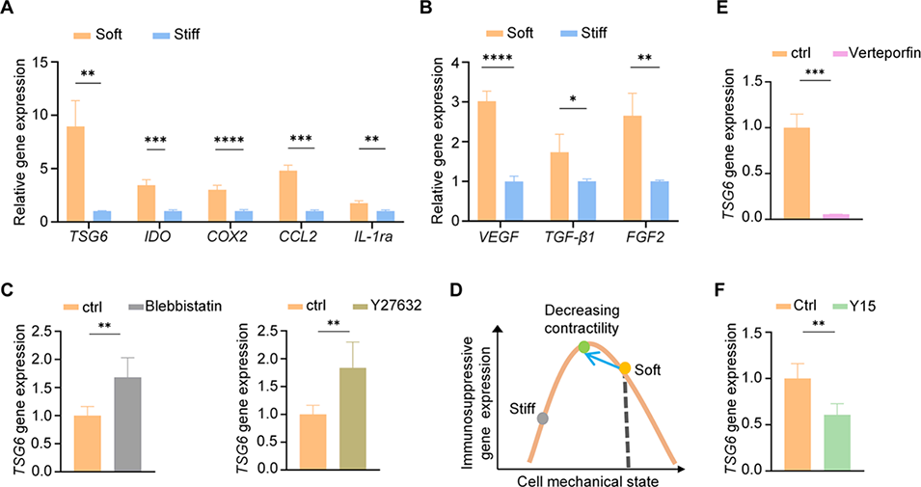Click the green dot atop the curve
coord(582,347)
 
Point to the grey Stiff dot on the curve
coord(543,419)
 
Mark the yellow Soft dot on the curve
coord(625,368)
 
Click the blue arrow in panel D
coord(604,358)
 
